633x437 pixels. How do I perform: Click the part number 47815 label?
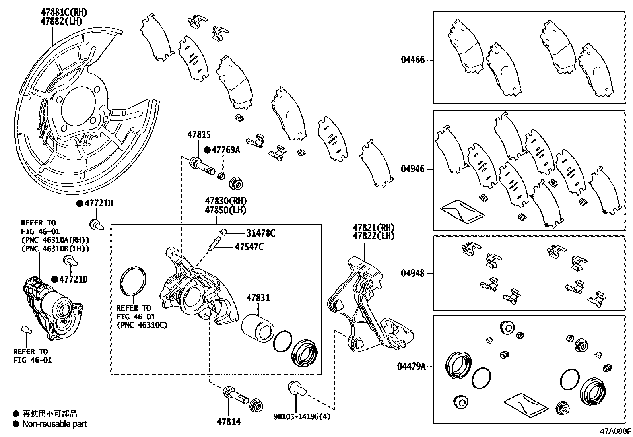point(199,135)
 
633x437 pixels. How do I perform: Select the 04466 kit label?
point(413,60)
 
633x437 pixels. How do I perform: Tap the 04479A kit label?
point(411,366)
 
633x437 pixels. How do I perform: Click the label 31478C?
point(260,233)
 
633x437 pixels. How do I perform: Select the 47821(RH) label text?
point(373,227)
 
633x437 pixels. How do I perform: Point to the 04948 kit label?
point(413,273)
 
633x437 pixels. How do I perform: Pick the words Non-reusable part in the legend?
point(54,424)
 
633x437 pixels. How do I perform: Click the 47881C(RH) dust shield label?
point(64,13)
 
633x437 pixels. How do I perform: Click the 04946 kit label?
point(413,169)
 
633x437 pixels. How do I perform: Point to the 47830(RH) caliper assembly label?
point(225,201)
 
